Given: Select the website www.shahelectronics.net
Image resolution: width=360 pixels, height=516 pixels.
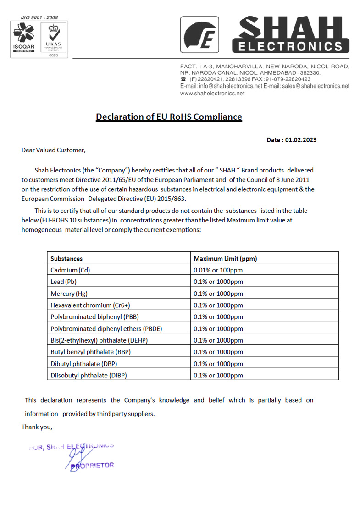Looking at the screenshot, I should tap(212, 93).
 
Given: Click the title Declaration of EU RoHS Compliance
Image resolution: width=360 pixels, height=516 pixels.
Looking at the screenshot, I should tap(169, 117).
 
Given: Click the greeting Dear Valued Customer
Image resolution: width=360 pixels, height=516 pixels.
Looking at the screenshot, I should tap(54, 150).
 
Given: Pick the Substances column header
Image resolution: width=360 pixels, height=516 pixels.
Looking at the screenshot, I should tap(66, 258).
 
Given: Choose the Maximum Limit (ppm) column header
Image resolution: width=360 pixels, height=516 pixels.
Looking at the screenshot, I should tap(225, 258).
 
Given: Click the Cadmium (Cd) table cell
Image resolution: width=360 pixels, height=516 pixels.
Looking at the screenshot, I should tap(70, 270).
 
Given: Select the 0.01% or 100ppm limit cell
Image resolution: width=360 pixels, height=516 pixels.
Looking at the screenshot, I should tap(218, 270).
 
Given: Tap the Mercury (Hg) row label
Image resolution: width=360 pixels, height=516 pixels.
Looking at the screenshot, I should tap(69, 294).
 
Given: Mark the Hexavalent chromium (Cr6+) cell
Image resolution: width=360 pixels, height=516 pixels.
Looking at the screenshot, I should tap(87, 305).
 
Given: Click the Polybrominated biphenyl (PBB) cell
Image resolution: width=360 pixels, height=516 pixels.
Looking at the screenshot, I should tap(94, 316).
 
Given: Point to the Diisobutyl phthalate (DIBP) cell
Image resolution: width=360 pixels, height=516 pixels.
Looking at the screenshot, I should tap(89, 375).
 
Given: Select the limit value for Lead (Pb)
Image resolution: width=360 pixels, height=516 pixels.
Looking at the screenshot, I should tap(218, 282).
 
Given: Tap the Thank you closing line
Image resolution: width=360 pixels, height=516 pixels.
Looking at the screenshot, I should tap(37, 427).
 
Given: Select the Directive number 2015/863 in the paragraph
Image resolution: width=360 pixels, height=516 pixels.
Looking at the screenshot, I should tap(173, 199).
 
